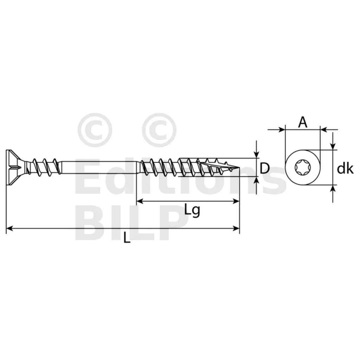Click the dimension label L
(127, 237)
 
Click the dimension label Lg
(192, 210)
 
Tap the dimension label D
(264, 168)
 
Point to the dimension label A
(303, 122)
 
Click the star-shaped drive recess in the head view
(302, 167)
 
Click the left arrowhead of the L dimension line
(9, 229)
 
